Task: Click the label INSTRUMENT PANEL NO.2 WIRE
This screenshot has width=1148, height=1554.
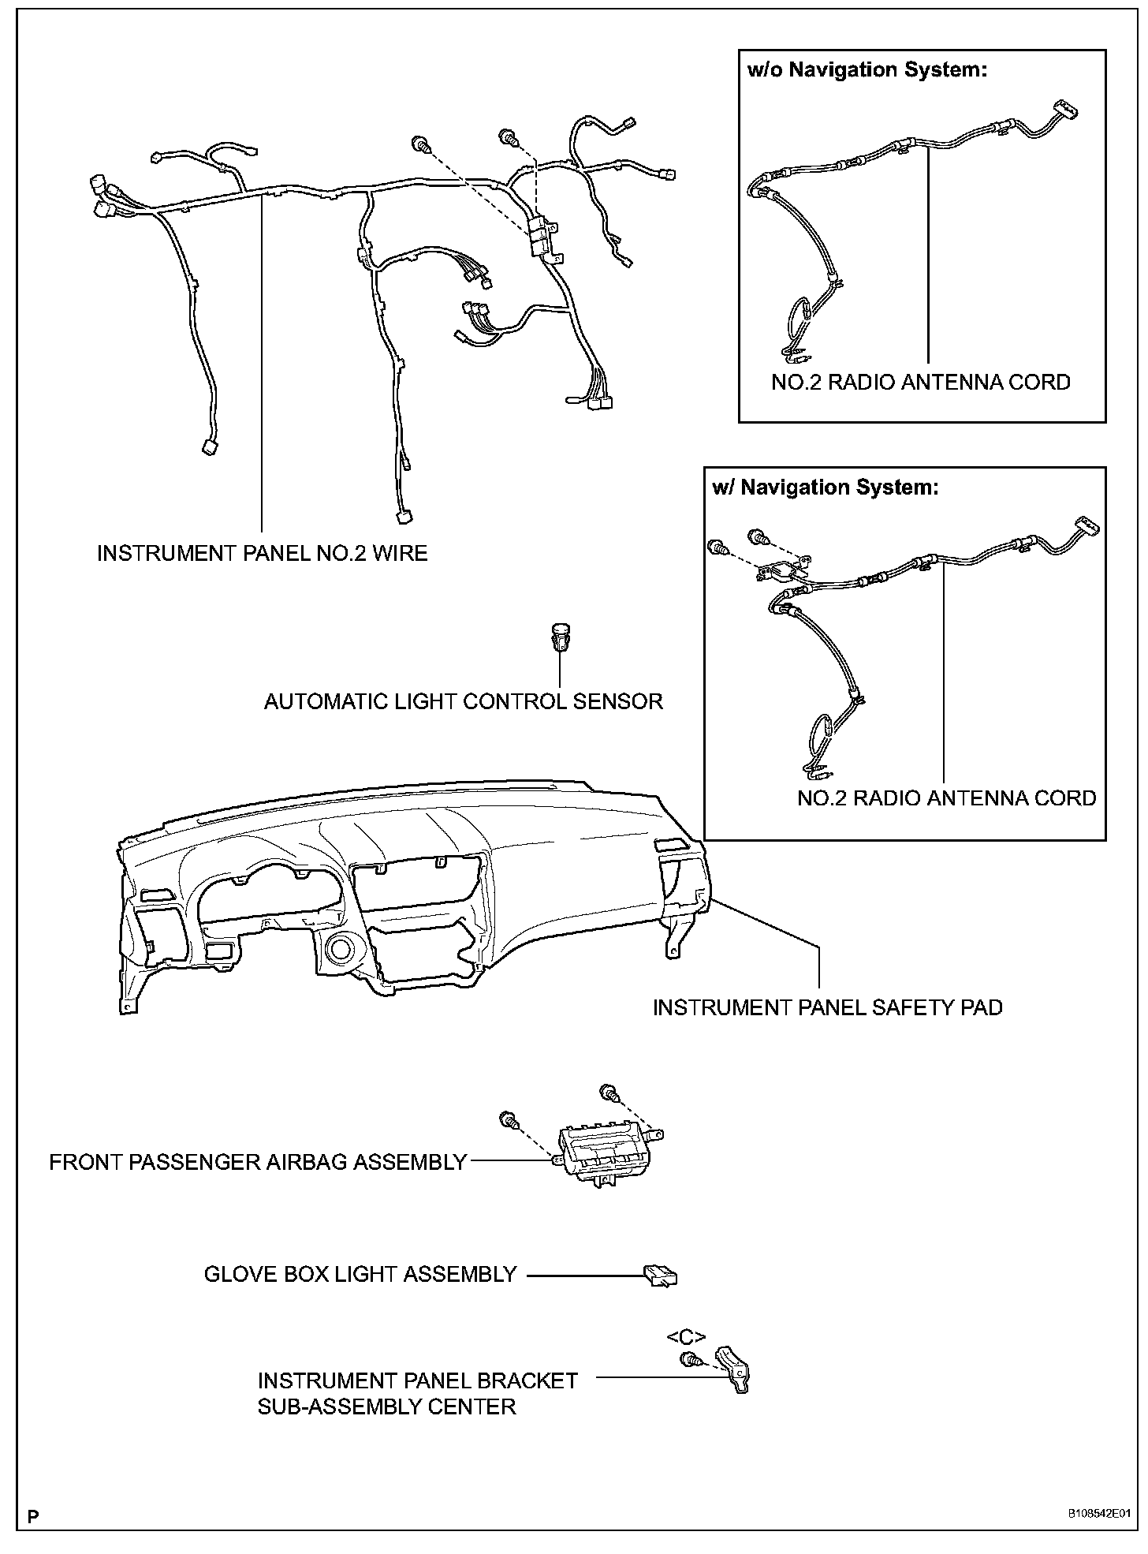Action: pos(262,554)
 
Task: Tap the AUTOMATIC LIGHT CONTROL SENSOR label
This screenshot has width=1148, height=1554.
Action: pos(464,701)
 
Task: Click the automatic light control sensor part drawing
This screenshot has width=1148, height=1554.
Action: pos(560,636)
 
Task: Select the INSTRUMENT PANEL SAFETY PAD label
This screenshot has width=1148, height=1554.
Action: pos(827,1008)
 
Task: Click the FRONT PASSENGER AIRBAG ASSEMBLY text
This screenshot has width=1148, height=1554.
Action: pos(258,1163)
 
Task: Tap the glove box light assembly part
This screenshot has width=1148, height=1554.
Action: pos(660,1275)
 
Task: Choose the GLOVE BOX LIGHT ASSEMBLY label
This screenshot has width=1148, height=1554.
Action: pos(360,1275)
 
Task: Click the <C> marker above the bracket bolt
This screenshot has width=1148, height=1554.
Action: pos(685,1337)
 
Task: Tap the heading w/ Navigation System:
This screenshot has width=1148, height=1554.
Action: pos(826,487)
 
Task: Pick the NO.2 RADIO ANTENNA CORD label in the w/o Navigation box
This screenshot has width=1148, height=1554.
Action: pos(920,383)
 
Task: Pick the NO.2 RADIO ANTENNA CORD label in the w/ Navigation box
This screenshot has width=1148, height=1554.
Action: pos(946,798)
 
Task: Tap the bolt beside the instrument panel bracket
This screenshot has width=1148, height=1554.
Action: pos(688,1360)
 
